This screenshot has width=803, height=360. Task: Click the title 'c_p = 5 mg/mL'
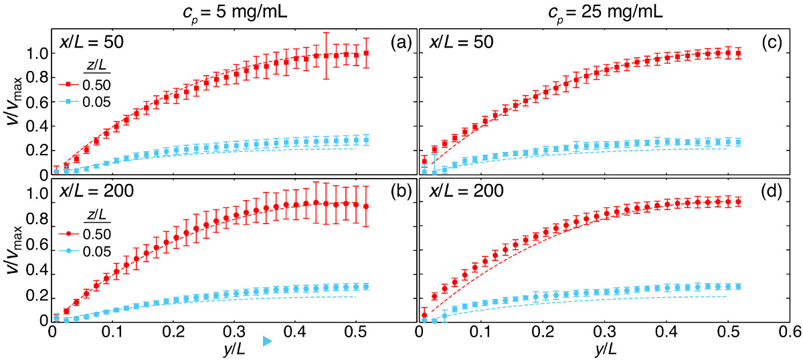232,13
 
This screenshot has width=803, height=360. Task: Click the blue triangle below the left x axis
267,342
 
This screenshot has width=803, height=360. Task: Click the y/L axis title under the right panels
604,347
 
